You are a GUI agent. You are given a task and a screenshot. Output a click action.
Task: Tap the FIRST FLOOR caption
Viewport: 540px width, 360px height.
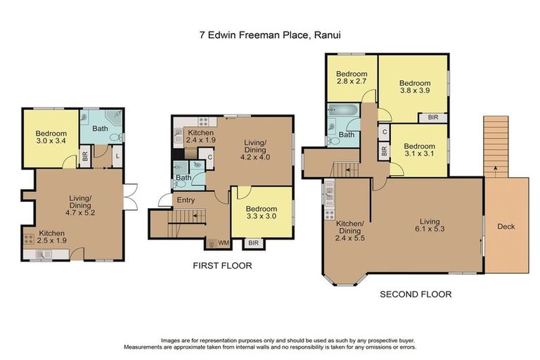[x=222, y=266]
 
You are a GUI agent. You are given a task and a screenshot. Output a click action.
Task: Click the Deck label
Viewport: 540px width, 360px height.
[x=506, y=226]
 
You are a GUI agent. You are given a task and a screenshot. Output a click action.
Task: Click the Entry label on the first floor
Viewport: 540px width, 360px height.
[x=186, y=200]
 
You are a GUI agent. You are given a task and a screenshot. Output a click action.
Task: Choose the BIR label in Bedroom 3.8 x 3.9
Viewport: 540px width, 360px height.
[x=432, y=117]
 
